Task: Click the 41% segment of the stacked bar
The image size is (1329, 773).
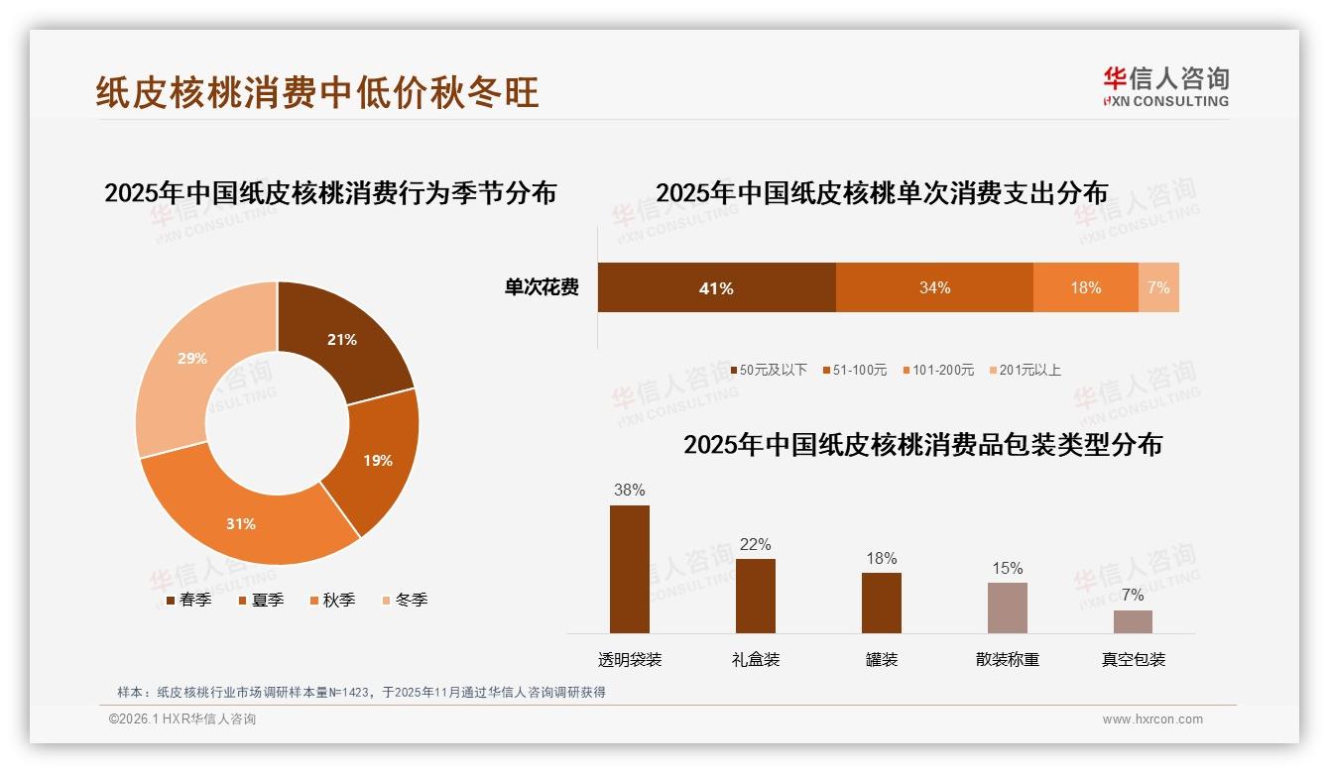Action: tap(716, 287)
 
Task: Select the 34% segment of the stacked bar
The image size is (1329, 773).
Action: tap(934, 287)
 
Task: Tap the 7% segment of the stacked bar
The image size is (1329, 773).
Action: tap(1158, 287)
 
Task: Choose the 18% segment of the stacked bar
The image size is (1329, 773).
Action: tap(1085, 287)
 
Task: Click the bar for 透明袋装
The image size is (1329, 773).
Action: tap(629, 569)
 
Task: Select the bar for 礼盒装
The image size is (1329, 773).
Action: tap(755, 596)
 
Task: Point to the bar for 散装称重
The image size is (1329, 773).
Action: tap(1007, 607)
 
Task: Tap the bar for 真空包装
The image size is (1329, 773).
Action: tap(1133, 621)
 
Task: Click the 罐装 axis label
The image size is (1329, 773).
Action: tap(881, 659)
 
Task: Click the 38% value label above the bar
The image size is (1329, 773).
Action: tap(629, 490)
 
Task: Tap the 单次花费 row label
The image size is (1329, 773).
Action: tap(542, 287)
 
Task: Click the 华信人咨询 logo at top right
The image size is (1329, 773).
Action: tap(1165, 86)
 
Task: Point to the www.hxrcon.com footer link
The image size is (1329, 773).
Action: tap(1152, 719)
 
